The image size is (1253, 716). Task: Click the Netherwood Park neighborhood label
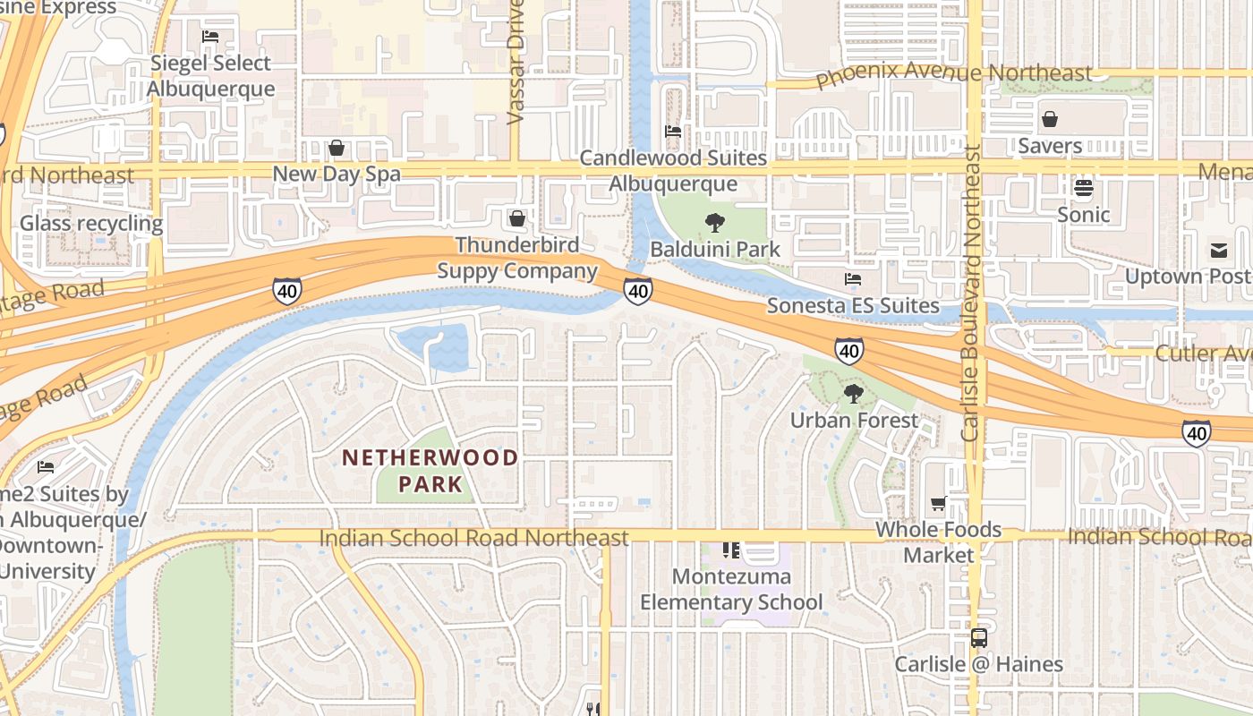(x=430, y=471)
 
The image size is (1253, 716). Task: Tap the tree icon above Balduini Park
(x=714, y=223)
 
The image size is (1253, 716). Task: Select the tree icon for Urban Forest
(x=854, y=394)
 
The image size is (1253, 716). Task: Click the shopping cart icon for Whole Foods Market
(x=938, y=504)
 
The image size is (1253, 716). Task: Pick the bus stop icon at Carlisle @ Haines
(x=979, y=638)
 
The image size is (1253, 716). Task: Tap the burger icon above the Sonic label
(x=1084, y=188)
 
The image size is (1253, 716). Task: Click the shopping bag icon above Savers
(x=1050, y=119)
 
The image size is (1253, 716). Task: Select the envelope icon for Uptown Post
(x=1219, y=250)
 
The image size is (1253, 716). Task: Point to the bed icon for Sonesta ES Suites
(x=852, y=279)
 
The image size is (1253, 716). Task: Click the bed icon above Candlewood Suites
(x=673, y=132)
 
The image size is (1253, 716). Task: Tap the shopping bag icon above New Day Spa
(x=337, y=148)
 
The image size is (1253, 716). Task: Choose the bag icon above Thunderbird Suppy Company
(x=516, y=218)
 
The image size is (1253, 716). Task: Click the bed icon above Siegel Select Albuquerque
(x=210, y=37)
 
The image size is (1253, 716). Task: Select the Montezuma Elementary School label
(x=730, y=589)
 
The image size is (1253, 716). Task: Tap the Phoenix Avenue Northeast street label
(x=954, y=74)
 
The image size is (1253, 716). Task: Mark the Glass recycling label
(x=91, y=223)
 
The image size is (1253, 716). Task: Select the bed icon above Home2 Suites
(x=46, y=467)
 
